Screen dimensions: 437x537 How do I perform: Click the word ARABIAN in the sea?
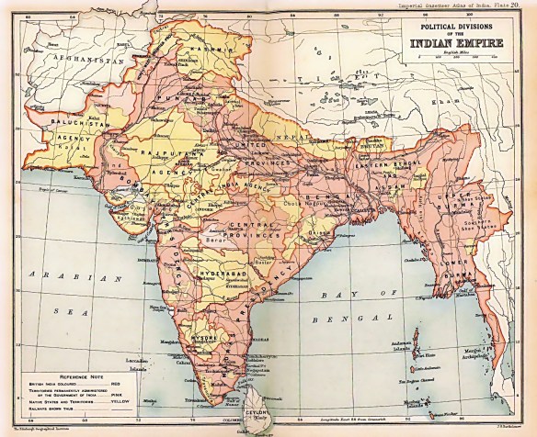(x=57, y=274)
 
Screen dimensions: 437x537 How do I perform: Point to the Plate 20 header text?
(x=510, y=5)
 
